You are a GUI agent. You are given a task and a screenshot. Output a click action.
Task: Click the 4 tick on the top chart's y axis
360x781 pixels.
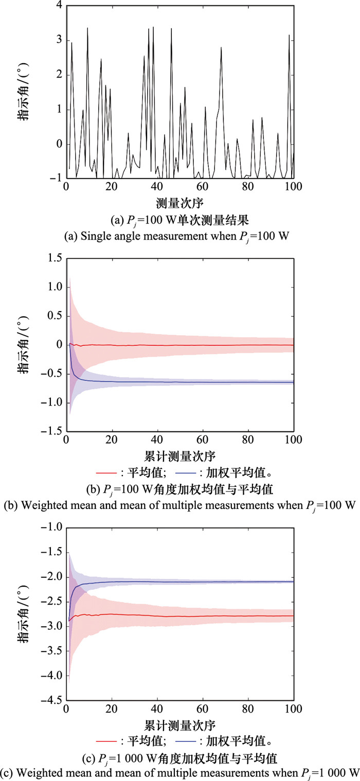pos(59,6)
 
